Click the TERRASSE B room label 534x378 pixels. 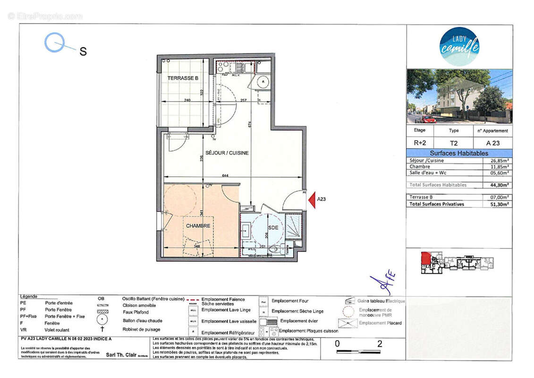[x=183, y=78]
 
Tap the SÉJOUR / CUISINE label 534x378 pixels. [x=227, y=153]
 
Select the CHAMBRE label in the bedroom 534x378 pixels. [x=198, y=226]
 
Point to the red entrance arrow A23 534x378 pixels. [x=312, y=199]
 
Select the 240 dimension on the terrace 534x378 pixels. [x=187, y=100]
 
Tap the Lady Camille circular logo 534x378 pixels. [x=459, y=46]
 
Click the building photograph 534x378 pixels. [x=459, y=96]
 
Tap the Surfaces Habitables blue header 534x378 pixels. [x=459, y=153]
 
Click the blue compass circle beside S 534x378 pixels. [x=54, y=42]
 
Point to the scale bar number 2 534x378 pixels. [x=379, y=344]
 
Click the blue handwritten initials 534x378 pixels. [x=382, y=283]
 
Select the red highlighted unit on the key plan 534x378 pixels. [x=425, y=258]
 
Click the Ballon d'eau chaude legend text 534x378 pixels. [x=142, y=320]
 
